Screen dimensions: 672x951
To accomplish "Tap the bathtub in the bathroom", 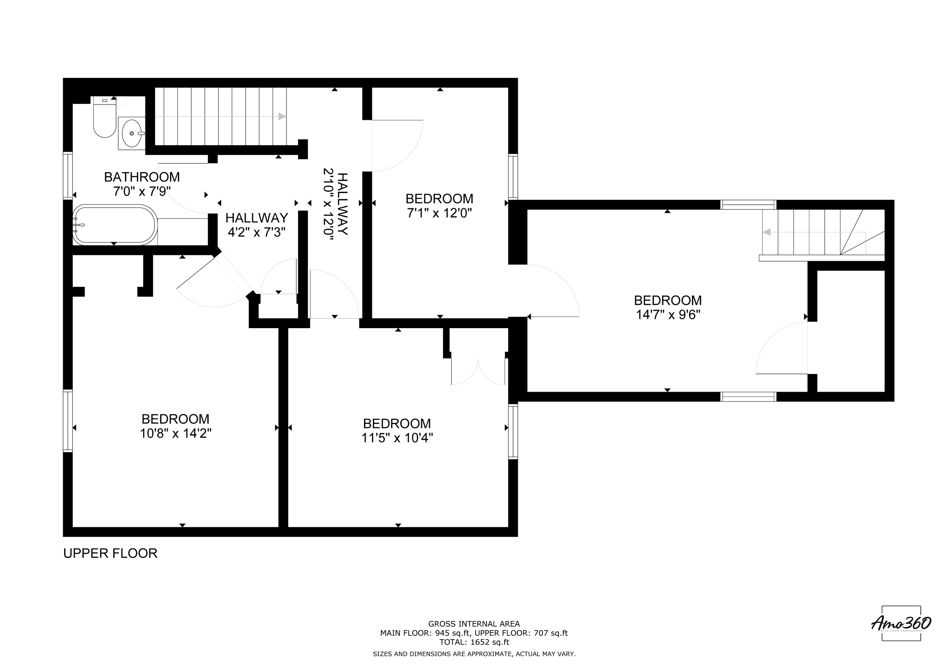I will (x=114, y=225).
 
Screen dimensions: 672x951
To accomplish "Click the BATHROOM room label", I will (x=142, y=177).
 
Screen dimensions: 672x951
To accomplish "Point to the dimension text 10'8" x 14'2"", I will (x=176, y=433).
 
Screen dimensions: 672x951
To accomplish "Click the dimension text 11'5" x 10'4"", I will (x=397, y=438).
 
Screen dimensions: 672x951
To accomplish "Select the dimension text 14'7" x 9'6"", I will (x=668, y=315).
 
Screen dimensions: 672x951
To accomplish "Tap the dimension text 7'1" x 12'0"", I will (x=439, y=213).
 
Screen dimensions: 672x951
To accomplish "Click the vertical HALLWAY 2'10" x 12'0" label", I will (x=335, y=204).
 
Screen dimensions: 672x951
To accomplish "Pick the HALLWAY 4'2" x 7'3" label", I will (x=256, y=225).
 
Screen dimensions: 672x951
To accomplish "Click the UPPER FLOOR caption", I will (x=111, y=553).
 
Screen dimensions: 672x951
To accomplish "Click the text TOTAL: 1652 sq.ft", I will (x=474, y=642).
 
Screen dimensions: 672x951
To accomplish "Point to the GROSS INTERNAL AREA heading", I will (x=474, y=624).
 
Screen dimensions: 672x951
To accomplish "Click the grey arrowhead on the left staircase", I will (x=282, y=116).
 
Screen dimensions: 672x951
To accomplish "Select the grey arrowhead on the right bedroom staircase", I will (x=767, y=232).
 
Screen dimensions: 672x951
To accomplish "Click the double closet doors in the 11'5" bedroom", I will (x=478, y=371).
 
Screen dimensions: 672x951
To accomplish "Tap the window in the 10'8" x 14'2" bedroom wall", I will (x=68, y=420).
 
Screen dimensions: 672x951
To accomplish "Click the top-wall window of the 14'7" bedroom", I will (x=748, y=205).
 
